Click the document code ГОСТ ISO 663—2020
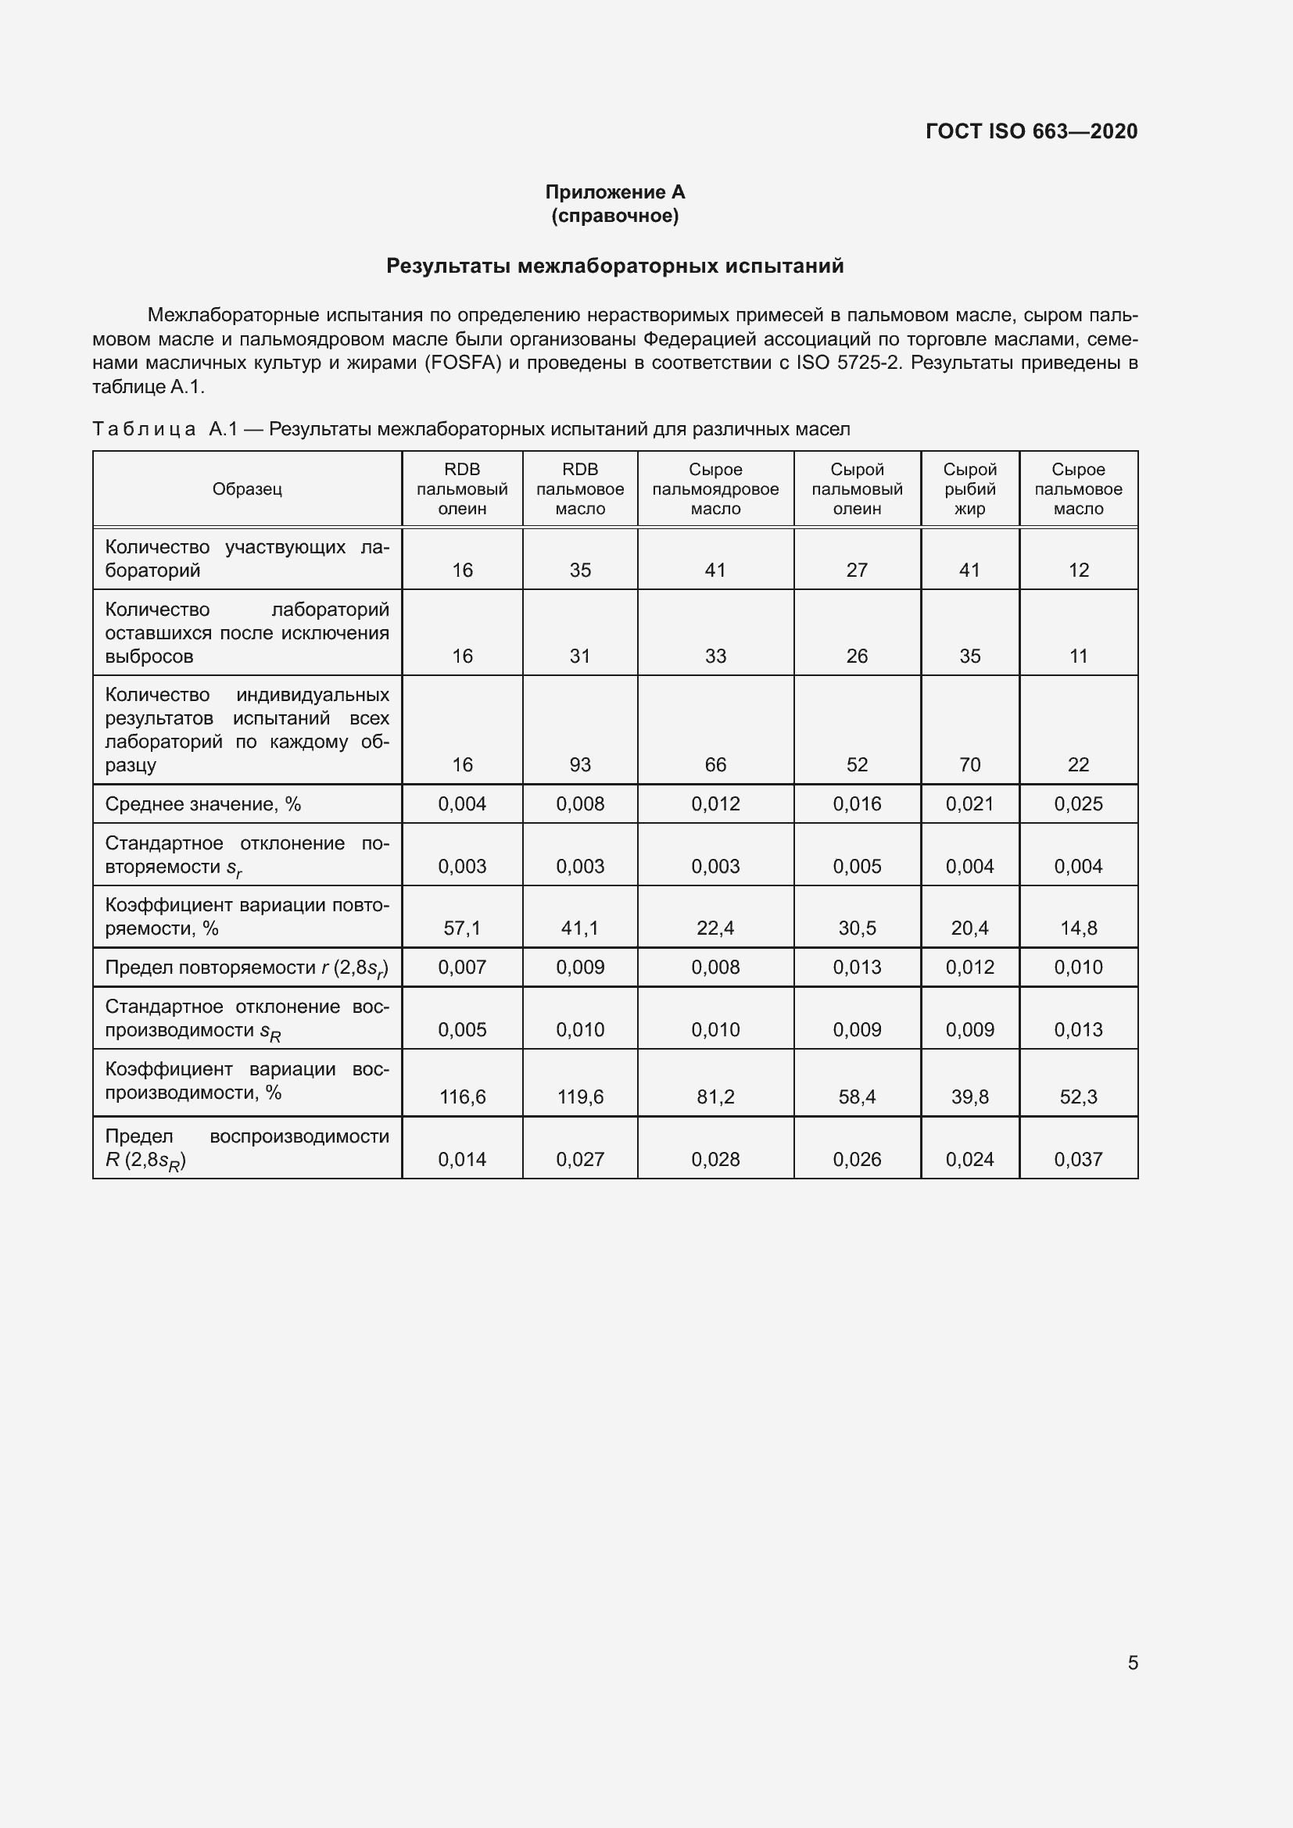pos(1031,131)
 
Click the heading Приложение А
pos(614,192)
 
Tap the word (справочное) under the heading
pos(614,216)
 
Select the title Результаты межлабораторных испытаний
pos(614,266)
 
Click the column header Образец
pos(247,488)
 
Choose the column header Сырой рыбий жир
pos(969,488)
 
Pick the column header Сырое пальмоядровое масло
pos(715,488)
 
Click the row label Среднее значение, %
pos(203,804)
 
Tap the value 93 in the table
pos(579,765)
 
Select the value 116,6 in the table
pos(462,1097)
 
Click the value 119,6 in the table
pos(579,1097)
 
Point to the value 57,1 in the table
pos(462,928)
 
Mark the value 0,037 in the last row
pos(1078,1160)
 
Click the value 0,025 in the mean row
pos(1078,804)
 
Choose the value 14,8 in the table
pos(1078,928)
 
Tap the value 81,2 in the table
pos(715,1097)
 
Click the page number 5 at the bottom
pos(1132,1663)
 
